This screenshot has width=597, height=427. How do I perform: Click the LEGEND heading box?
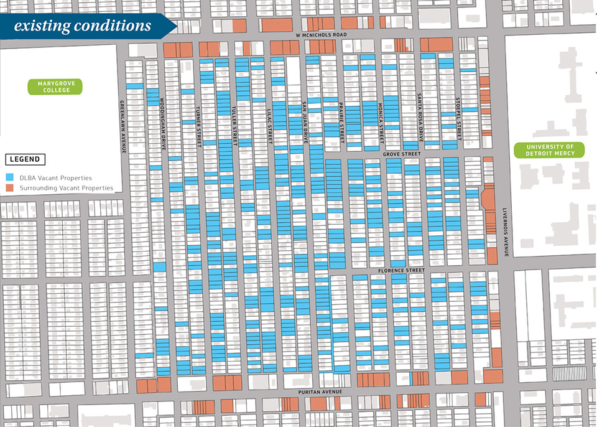point(25,159)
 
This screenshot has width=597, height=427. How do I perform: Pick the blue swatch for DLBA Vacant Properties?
point(9,178)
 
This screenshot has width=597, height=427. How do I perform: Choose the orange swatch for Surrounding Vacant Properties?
point(9,188)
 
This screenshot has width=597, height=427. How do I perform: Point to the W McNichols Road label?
point(321,35)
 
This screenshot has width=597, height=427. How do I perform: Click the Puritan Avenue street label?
point(320,392)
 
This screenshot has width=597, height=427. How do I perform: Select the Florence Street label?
point(401,271)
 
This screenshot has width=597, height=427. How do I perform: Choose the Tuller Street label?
point(235,126)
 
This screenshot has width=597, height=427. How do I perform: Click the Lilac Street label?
point(271,126)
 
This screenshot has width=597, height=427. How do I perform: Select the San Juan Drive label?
point(305,122)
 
